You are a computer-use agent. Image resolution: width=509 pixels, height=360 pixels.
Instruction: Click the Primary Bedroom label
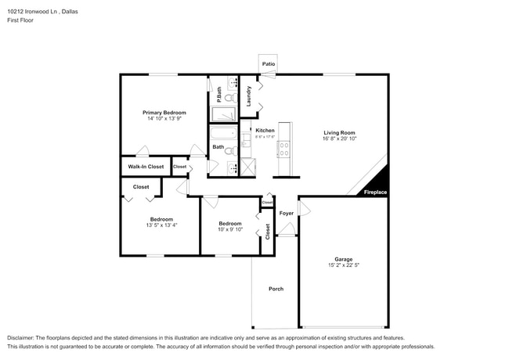(x=164, y=113)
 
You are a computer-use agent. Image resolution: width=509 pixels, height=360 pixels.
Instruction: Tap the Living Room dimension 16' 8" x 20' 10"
(x=340, y=139)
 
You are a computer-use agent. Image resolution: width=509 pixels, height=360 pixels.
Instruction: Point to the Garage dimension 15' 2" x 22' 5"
(x=344, y=265)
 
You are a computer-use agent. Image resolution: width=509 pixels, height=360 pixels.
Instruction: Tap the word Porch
(x=276, y=289)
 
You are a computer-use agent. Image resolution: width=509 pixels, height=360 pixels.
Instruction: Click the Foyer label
(x=287, y=213)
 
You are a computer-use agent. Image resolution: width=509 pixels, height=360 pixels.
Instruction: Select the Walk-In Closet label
(x=146, y=167)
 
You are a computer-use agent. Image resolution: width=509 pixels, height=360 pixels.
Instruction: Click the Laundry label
(x=248, y=96)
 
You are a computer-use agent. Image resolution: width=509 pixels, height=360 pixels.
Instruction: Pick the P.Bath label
(x=220, y=95)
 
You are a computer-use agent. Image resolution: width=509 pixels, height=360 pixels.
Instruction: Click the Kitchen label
(x=264, y=130)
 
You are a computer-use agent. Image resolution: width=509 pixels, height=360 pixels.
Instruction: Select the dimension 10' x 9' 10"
(x=230, y=229)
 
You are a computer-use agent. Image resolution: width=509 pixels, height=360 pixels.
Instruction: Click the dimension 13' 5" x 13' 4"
(x=161, y=225)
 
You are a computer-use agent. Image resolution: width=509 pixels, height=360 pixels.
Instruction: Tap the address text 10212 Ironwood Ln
(x=34, y=12)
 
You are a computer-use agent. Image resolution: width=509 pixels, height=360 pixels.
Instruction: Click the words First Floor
(x=21, y=20)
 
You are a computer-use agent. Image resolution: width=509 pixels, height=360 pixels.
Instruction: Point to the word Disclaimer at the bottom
(x=21, y=338)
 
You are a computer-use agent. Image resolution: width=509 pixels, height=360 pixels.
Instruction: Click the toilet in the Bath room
(x=230, y=151)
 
